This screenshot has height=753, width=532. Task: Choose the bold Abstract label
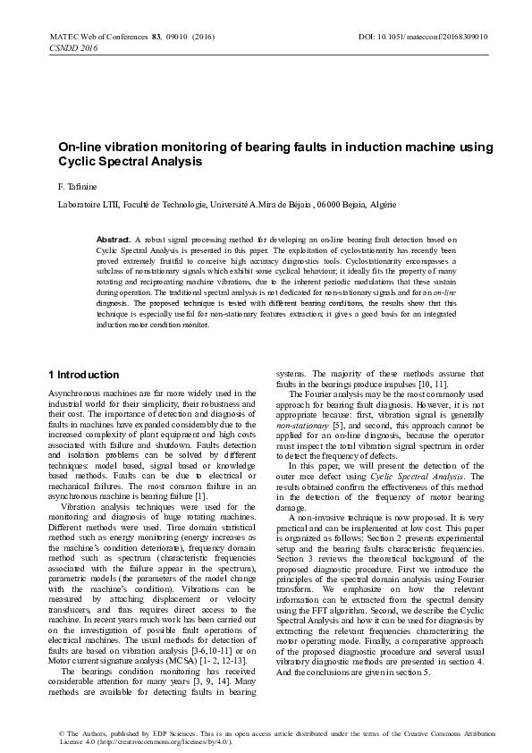pyautogui.click(x=113, y=240)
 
